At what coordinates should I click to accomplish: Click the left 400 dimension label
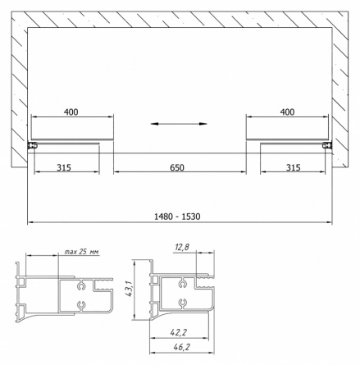71,112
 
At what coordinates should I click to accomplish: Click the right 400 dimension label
287,112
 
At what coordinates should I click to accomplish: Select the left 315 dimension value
64,167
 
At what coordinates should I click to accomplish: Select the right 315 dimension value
293,167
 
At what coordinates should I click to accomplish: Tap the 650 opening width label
177,167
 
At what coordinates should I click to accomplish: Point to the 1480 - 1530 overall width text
177,217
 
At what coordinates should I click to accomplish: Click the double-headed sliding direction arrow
179,124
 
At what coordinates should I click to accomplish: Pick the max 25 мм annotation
81,252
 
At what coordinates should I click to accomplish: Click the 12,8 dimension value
182,248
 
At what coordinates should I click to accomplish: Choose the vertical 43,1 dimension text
129,288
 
